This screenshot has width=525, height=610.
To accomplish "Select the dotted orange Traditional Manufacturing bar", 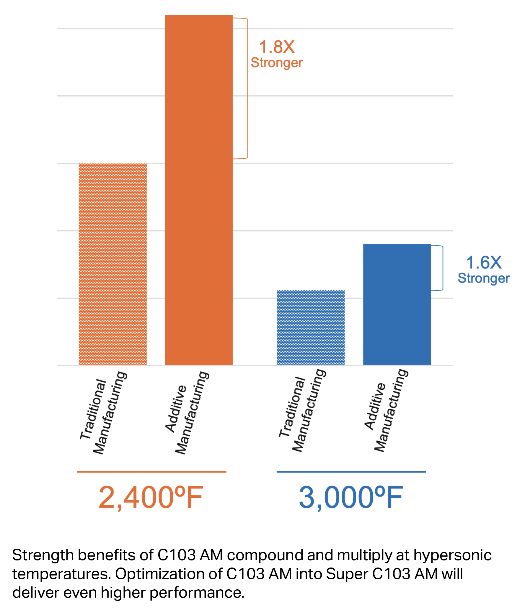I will [112, 264].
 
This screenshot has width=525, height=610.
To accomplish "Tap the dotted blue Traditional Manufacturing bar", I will [311, 327].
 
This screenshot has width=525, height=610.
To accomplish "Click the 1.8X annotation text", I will [277, 47].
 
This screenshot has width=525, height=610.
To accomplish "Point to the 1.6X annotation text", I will [484, 263].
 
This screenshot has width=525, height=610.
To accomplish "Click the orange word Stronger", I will [277, 63].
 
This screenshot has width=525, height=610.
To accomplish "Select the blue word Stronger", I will [484, 278].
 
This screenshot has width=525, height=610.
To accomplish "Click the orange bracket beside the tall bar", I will [247, 88].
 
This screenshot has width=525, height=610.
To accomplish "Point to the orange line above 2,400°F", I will [151, 472].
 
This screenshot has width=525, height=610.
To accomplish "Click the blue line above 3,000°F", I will [351, 472].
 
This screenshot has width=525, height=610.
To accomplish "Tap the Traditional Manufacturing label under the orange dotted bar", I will [103, 413].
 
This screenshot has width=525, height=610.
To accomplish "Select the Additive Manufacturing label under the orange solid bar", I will [187, 413].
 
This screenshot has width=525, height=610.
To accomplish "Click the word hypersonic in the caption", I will [452, 555].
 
